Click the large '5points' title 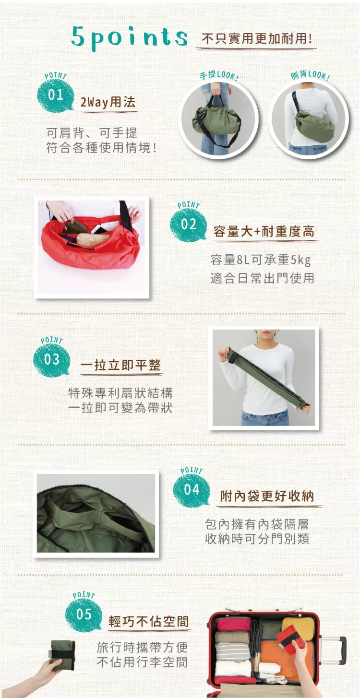pyautogui.click(x=129, y=37)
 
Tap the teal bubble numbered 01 pyautogui.click(x=55, y=95)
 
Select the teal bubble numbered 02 pyautogui.click(x=188, y=225)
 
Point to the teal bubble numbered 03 pyautogui.click(x=52, y=359)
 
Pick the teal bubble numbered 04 pyautogui.click(x=192, y=489)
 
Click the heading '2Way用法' pyautogui.click(x=108, y=102)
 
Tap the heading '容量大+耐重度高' pyautogui.click(x=264, y=232)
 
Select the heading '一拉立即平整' pyautogui.click(x=121, y=365)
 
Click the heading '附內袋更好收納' pyautogui.click(x=267, y=496)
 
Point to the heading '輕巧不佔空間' pyautogui.click(x=149, y=621)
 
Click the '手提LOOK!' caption pyautogui.click(x=219, y=75)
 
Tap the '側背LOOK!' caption pyautogui.click(x=310, y=75)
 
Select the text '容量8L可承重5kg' pyautogui.click(x=261, y=260)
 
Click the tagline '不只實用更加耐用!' pyautogui.click(x=257, y=39)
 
